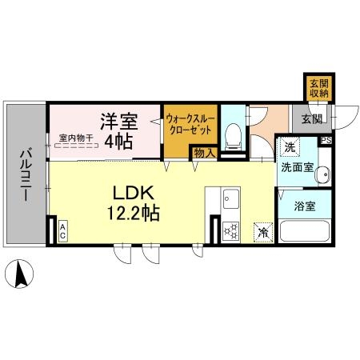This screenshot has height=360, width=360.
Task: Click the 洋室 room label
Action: coord(119,122)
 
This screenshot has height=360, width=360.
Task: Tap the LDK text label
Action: coord(134,193)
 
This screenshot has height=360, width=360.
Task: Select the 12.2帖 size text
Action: coord(134,213)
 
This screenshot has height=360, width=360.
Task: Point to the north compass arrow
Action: coord(21,274)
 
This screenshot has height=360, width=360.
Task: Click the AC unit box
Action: coord(62,231)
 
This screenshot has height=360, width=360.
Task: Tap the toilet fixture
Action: coord(234,137)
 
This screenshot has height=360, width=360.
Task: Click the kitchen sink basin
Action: coord(231,198)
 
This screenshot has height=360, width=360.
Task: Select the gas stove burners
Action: coord(231,231)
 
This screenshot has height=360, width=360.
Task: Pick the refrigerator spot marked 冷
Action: coord(263,233)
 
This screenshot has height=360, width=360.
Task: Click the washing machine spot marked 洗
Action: coord(290,147)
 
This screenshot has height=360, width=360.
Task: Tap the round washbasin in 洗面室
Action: coord(322,174)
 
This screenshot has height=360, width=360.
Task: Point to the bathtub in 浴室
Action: coord(305,230)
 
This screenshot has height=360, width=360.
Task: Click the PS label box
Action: coord(326,141)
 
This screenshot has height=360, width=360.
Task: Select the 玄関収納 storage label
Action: coord(319,89)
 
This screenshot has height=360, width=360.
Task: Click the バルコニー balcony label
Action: coord(26,175)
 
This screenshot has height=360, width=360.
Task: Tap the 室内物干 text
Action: coord(76,138)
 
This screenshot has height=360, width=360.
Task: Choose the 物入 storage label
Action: coord(204,153)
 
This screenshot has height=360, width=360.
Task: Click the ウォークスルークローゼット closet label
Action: coord(190,123)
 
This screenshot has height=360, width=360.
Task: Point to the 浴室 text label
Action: coord(305,206)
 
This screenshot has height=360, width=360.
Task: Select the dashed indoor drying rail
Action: coord(76,146)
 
